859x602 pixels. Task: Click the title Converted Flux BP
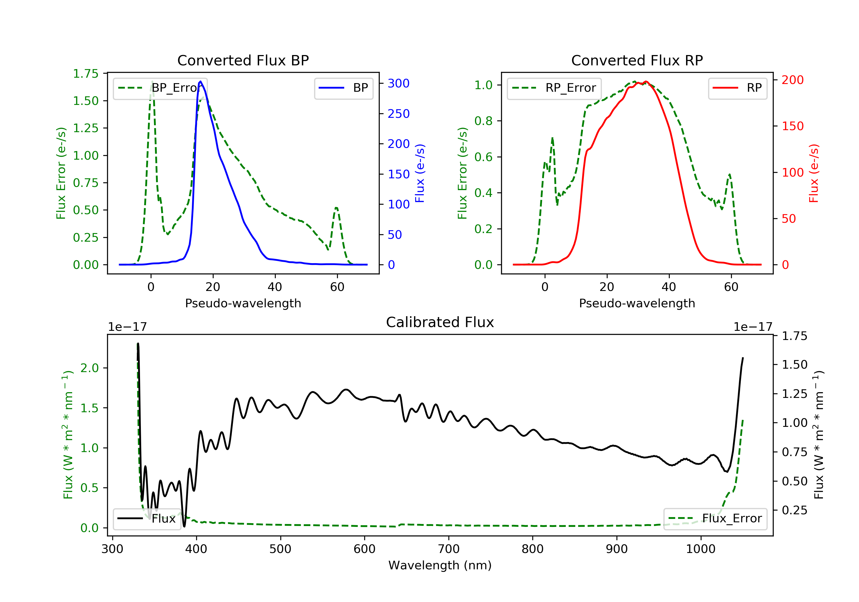point(243,60)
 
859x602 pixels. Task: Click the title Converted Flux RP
point(637,60)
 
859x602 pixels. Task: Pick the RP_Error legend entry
point(554,88)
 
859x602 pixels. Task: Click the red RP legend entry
point(737,88)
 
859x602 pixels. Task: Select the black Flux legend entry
point(147,519)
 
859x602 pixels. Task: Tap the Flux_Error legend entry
point(715,519)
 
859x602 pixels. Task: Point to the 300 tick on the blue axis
point(398,83)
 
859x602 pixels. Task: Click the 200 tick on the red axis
point(792,80)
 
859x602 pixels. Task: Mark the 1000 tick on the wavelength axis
point(700,549)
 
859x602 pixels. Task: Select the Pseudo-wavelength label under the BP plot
point(243,303)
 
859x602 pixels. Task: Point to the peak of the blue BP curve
point(200,81)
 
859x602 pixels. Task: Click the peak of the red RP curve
point(646,81)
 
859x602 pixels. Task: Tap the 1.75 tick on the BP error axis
point(86,73)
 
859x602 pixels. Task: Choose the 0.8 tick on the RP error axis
point(483,121)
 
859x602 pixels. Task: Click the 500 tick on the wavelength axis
point(280,549)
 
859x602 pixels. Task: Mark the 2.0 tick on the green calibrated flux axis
point(89,368)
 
